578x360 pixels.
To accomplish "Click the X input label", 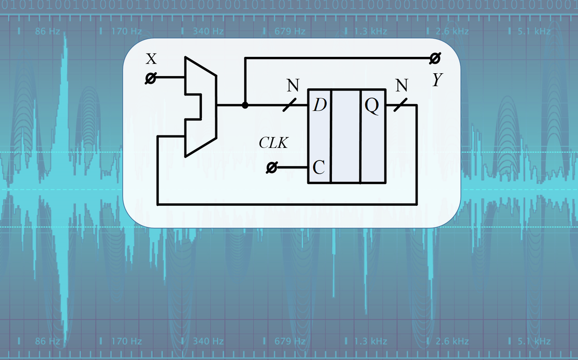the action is (151, 59).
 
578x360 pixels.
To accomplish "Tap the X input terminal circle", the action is (151, 78).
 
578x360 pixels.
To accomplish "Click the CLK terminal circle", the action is (272, 168).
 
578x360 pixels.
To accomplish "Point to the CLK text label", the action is (274, 143).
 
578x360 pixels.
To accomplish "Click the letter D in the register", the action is (318, 105).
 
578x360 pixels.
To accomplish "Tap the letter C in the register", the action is (318, 167).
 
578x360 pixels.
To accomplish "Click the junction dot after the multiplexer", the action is (245, 105).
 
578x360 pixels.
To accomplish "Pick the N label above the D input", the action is (292, 86).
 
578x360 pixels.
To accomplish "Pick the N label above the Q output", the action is (401, 86).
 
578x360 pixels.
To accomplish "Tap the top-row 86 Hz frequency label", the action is (47, 32).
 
